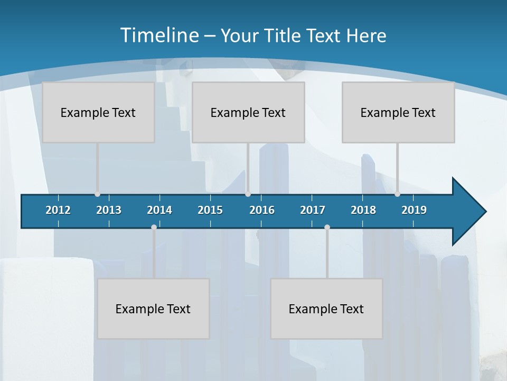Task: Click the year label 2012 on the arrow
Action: [x=58, y=210]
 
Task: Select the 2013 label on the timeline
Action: [x=109, y=210]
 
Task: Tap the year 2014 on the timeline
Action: [x=159, y=210]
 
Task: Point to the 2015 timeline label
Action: [x=210, y=210]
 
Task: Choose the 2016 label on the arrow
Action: [x=262, y=210]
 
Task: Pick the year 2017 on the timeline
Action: [x=313, y=210]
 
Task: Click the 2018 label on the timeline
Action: [x=363, y=210]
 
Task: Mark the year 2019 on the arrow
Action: [x=414, y=210]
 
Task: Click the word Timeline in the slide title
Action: [x=159, y=35]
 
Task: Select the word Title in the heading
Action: [x=283, y=36]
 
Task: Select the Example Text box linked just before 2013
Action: [x=98, y=112]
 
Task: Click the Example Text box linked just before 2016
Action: [x=248, y=112]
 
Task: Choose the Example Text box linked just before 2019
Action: [x=398, y=112]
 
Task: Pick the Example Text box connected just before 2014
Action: [x=153, y=309]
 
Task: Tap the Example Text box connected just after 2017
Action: [x=326, y=309]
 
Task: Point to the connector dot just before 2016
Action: [x=248, y=194]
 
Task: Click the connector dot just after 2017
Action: [x=327, y=228]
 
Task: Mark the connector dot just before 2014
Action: [x=154, y=228]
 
